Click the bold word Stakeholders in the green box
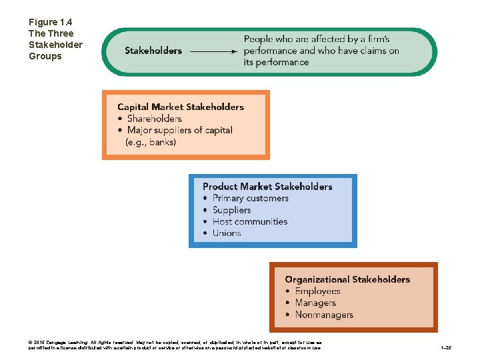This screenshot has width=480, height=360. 153,51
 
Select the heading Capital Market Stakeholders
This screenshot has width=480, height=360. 181,107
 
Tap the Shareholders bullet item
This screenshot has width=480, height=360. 154,119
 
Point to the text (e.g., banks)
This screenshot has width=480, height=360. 151,142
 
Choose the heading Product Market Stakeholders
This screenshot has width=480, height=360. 267,187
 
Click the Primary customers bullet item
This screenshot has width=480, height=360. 250,198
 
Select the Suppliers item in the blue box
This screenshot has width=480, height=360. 231,210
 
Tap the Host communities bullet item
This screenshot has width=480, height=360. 250,221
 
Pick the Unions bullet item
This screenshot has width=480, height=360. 227,233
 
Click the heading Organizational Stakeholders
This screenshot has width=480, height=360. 347,279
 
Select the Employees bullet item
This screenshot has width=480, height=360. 317,291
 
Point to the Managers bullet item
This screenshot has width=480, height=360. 315,303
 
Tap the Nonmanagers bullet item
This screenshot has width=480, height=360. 324,315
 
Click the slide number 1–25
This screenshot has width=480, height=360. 445,348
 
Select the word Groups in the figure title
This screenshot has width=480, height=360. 45,56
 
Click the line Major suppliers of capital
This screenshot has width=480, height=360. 179,130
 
